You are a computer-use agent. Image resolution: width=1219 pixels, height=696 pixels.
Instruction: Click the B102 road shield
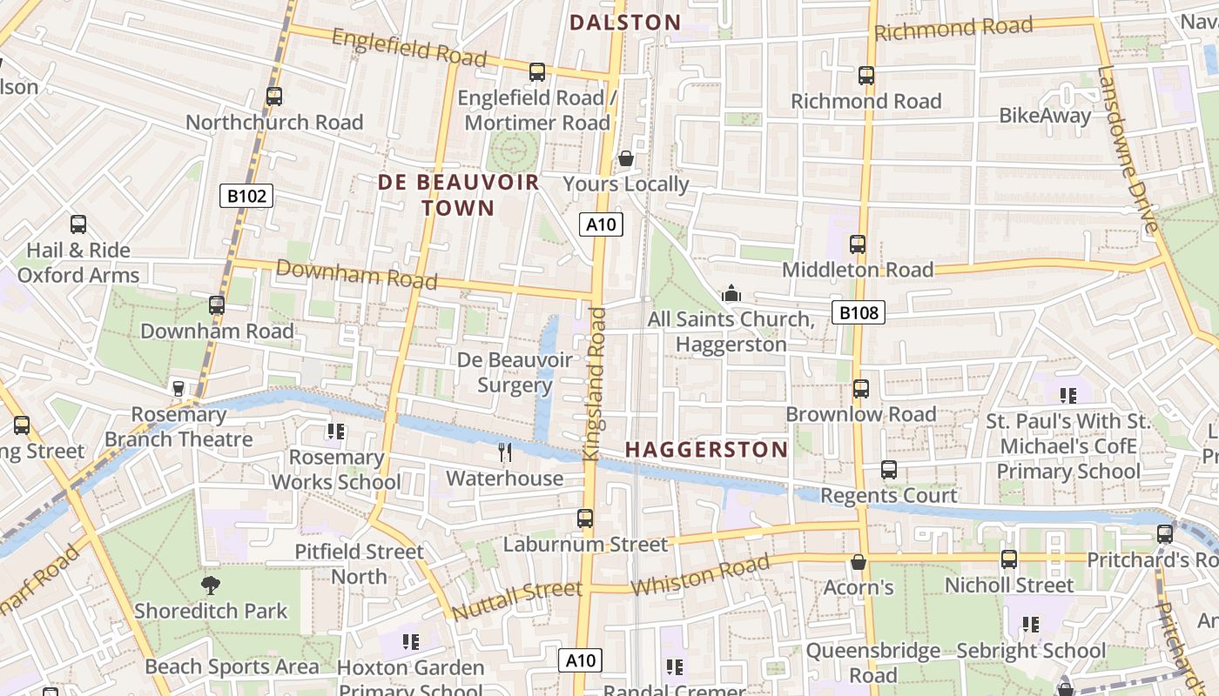tap(246, 196)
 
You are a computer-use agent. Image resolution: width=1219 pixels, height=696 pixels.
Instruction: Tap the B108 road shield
tap(858, 312)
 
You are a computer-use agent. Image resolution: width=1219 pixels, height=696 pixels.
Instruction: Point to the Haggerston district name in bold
tap(706, 450)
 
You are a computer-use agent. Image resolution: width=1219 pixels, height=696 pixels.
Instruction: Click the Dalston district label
tap(625, 23)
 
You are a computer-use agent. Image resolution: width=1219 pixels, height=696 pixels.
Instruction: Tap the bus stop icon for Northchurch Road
tap(274, 97)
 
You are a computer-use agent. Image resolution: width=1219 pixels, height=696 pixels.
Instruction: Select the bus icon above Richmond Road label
tap(865, 76)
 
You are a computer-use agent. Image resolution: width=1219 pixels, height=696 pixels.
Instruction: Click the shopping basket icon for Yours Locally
tap(625, 159)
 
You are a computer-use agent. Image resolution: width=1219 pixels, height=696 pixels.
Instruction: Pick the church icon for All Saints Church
tap(731, 295)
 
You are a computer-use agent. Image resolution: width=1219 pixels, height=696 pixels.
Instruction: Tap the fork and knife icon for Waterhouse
tap(504, 452)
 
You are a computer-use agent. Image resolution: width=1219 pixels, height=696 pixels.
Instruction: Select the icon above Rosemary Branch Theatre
tap(178, 389)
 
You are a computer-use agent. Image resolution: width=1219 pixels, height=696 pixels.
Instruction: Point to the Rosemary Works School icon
tap(336, 432)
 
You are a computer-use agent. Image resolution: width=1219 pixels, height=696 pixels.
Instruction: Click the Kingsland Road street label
tap(596, 383)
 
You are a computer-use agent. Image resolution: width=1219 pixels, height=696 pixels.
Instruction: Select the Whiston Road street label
tap(700, 575)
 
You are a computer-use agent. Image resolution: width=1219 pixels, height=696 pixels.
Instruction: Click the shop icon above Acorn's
tap(859, 563)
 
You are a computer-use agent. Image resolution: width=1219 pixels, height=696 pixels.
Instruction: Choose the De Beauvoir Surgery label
tap(515, 372)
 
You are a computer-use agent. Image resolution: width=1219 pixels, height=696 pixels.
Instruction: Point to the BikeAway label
tap(1045, 116)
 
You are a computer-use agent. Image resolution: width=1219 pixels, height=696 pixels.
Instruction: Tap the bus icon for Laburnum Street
tap(585, 519)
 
